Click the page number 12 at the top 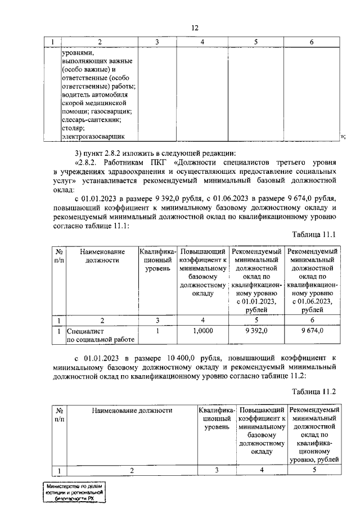click(x=195, y=28)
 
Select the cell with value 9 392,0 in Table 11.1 click(x=256, y=331)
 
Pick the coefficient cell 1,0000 click(x=202, y=331)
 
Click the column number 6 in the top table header click(x=312, y=42)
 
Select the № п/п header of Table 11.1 click(x=58, y=256)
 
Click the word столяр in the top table click(x=73, y=128)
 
